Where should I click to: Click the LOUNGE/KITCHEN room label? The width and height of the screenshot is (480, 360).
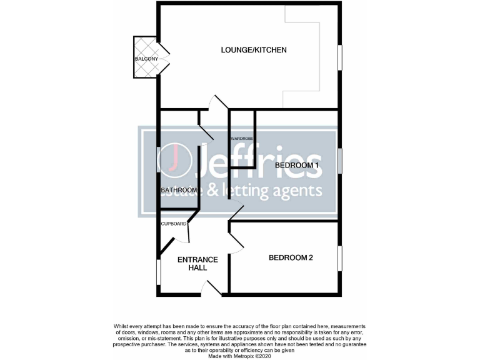(254, 49)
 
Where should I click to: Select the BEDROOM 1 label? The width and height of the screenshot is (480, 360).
(297, 165)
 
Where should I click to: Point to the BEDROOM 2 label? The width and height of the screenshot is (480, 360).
(291, 257)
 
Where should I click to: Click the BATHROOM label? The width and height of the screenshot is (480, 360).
(179, 190)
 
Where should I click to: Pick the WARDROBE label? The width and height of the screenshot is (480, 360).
(241, 138)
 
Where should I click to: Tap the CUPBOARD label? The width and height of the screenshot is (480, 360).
(174, 224)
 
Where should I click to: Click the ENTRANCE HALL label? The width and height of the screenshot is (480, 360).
(197, 263)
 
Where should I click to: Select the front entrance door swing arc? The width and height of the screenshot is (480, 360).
(211, 287)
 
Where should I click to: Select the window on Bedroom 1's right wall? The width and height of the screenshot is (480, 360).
(340, 161)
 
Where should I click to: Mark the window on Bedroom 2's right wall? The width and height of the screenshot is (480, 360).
(340, 258)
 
